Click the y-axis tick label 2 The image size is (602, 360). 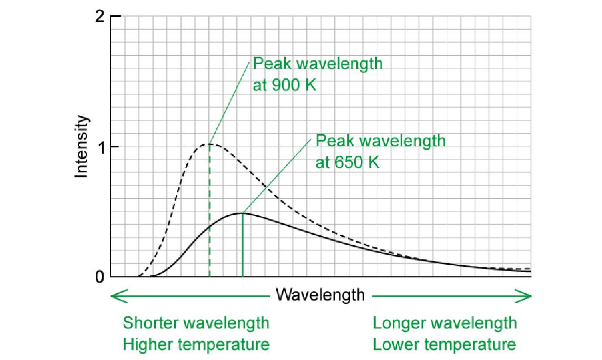tap(100, 17)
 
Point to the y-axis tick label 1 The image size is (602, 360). tap(100, 147)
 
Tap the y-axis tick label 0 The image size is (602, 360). tap(100, 277)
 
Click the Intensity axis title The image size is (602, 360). tap(82, 147)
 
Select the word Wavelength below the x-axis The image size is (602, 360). tap(320, 295)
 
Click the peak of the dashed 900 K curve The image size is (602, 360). tap(209, 144)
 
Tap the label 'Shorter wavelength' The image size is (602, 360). tap(196, 323)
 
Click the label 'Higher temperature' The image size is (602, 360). tap(196, 345)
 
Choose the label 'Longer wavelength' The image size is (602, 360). tap(445, 323)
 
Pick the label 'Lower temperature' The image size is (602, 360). tap(445, 345)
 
